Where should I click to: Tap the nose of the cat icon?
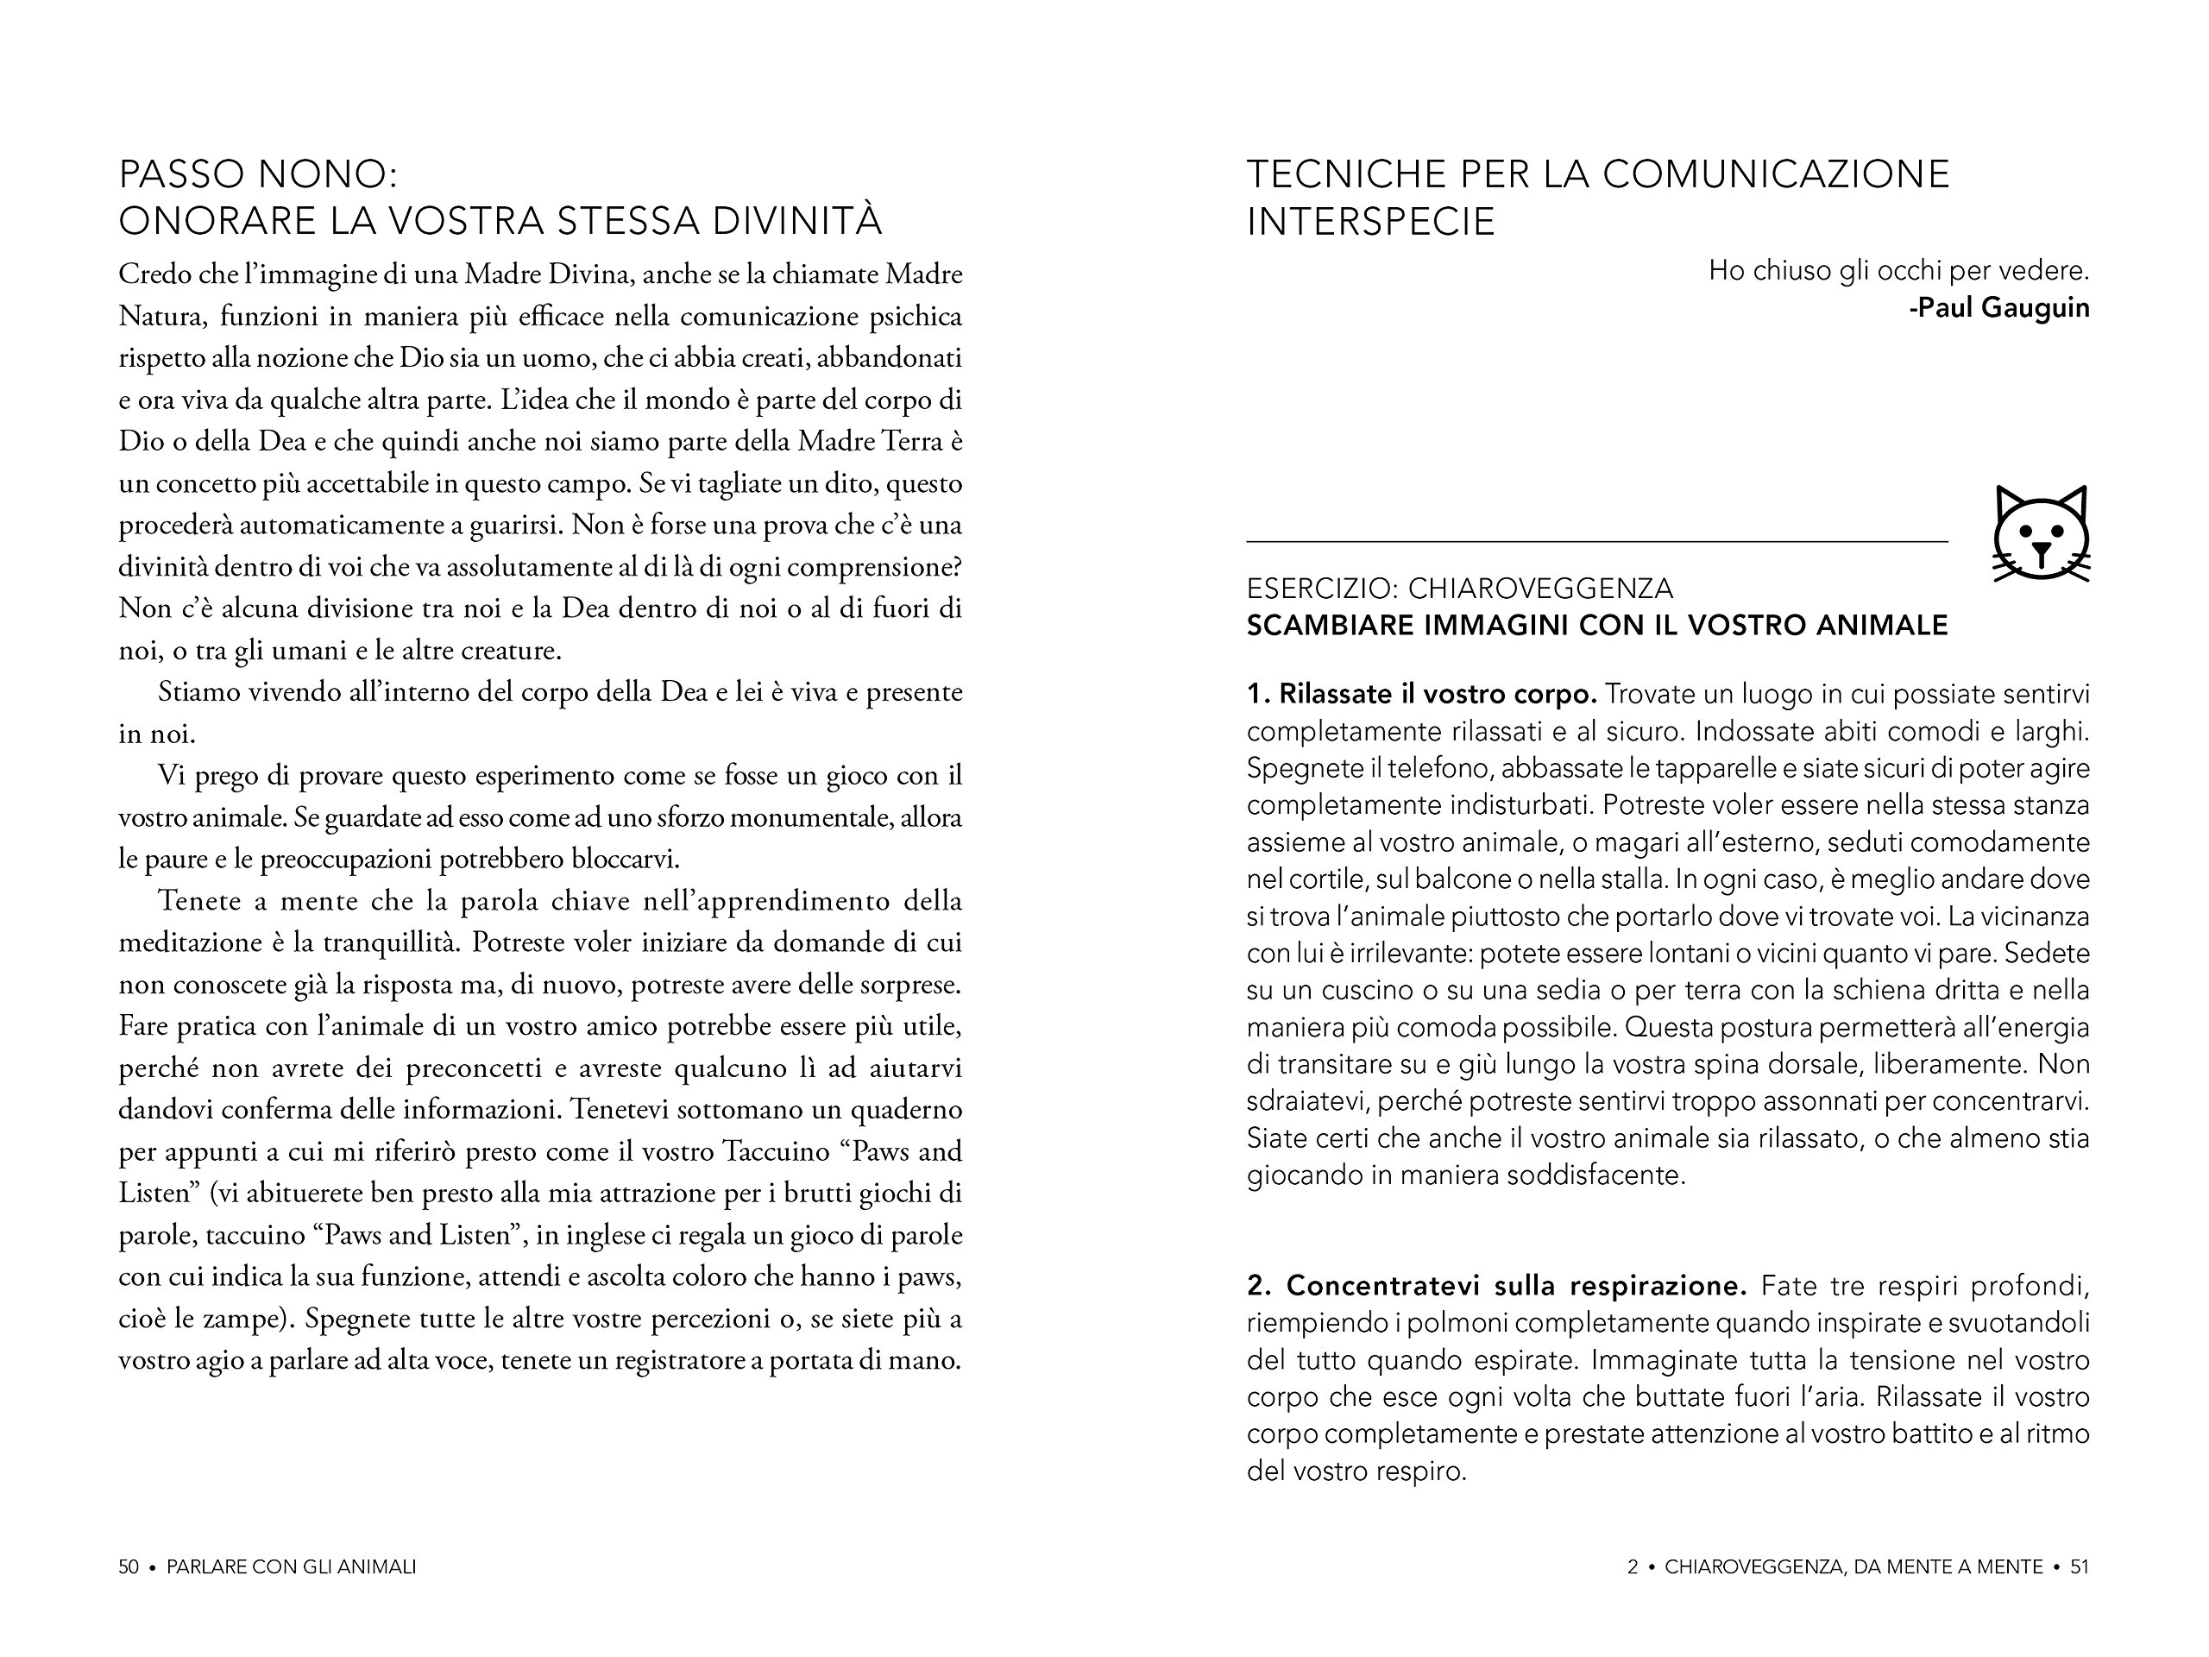[2042, 548]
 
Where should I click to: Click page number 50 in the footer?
[128, 1567]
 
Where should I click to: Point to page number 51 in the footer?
[2080, 1567]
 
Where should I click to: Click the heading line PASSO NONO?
[258, 175]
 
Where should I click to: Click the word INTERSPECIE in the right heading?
[1370, 221]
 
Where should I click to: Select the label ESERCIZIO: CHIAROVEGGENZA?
[1459, 589]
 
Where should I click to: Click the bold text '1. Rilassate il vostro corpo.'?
[1421, 694]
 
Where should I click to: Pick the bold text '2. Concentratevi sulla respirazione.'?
[1496, 1285]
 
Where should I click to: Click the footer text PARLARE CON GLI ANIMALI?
[291, 1567]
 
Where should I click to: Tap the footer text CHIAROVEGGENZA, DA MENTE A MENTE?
[1853, 1567]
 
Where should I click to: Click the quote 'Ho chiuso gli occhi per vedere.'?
[1898, 271]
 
